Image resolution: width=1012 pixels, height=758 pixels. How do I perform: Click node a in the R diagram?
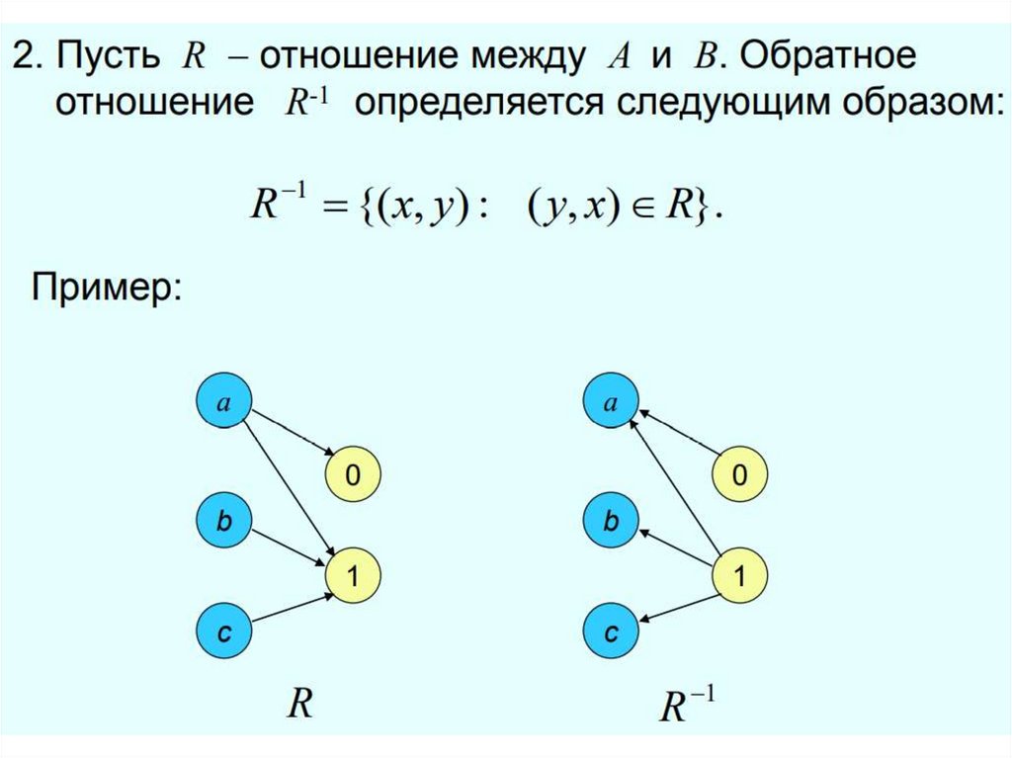pyautogui.click(x=224, y=402)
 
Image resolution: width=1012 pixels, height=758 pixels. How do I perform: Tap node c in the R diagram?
pyautogui.click(x=224, y=632)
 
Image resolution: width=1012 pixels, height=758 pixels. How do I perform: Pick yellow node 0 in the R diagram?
pyautogui.click(x=352, y=476)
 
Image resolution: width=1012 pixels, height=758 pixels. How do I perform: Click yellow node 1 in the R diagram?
pyautogui.click(x=352, y=574)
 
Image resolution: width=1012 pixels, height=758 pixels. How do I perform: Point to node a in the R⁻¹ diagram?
pyautogui.click(x=611, y=402)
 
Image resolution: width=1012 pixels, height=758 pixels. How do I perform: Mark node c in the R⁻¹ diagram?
pyautogui.click(x=611, y=632)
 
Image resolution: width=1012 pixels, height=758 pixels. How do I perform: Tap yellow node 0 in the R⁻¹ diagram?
pyautogui.click(x=739, y=476)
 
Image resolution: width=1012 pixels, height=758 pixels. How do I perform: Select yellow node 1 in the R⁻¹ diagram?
pyautogui.click(x=739, y=574)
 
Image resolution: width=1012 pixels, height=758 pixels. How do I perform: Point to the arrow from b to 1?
pyautogui.click(x=289, y=547)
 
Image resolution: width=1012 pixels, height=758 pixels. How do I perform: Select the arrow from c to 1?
pyautogui.click(x=289, y=607)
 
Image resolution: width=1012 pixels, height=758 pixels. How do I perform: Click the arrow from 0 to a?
pyautogui.click(x=677, y=436)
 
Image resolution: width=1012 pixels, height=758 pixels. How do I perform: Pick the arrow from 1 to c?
pyautogui.click(x=677, y=607)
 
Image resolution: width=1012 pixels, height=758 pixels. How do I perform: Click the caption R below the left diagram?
pyautogui.click(x=299, y=705)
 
